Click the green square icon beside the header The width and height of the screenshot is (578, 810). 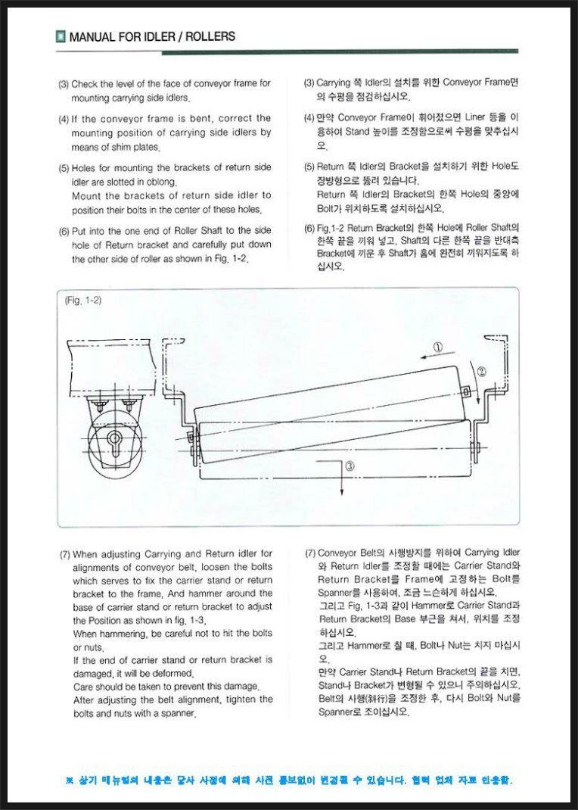click(60, 36)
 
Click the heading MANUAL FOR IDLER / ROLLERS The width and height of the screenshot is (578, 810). click(152, 36)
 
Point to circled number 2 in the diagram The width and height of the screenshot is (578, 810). click(482, 372)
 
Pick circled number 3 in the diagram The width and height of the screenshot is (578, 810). click(350, 467)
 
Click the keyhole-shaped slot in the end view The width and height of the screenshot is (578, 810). click(114, 439)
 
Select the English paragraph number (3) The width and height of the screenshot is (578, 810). click(64, 84)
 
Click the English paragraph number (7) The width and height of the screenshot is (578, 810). click(65, 553)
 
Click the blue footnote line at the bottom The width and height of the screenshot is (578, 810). click(288, 780)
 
